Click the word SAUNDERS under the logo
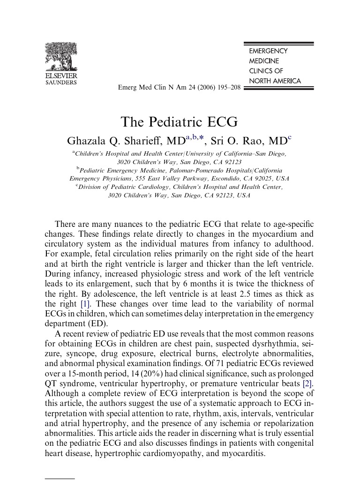pos(61,82)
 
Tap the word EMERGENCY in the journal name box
pos(268,51)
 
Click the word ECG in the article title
pos(222,122)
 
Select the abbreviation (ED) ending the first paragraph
pos(97,323)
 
